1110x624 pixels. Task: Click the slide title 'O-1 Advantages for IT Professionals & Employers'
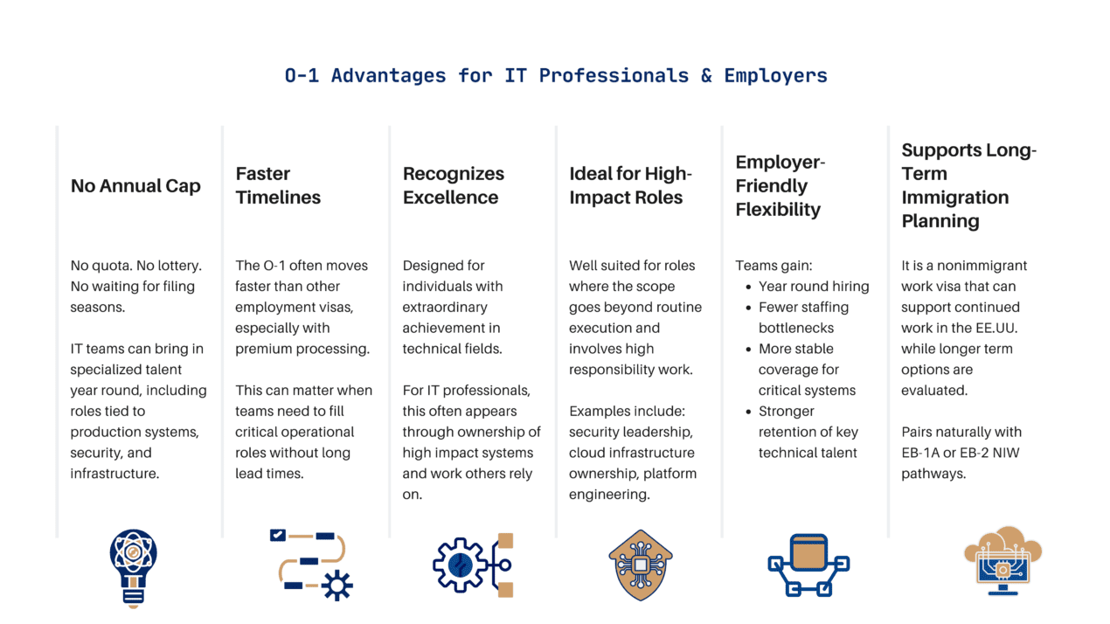(x=556, y=76)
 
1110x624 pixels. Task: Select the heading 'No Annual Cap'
(x=135, y=186)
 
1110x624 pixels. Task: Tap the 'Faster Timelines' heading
(x=278, y=185)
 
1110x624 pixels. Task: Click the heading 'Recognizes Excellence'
(x=454, y=185)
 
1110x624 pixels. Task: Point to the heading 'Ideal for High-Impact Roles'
(x=630, y=185)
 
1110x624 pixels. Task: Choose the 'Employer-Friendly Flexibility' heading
(x=780, y=186)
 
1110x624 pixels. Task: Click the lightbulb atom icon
(x=134, y=568)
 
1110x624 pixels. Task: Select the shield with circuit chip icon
(x=641, y=565)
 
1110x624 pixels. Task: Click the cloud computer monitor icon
(x=1003, y=561)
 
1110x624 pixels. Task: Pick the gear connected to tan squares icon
(x=473, y=565)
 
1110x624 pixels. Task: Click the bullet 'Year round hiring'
(x=814, y=287)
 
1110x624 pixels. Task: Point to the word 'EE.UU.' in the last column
(x=996, y=328)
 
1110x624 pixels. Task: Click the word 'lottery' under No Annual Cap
(x=177, y=266)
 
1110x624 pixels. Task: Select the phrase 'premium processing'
(x=302, y=349)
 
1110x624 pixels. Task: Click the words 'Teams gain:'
(x=774, y=267)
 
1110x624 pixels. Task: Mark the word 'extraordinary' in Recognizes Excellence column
(x=445, y=308)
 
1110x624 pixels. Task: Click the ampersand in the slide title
(x=706, y=76)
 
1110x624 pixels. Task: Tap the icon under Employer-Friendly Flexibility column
(x=808, y=565)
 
